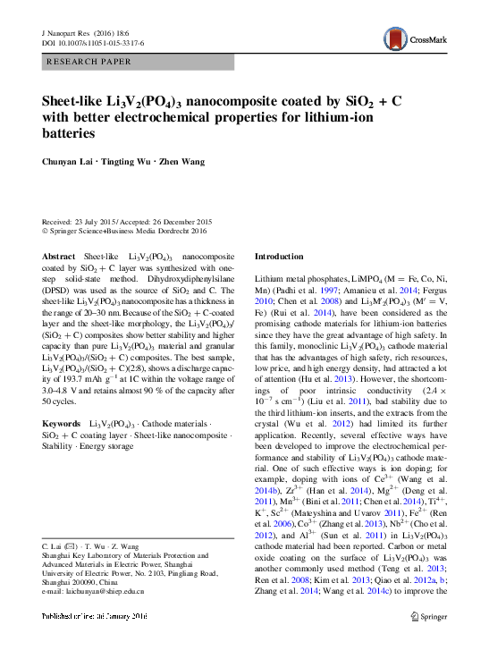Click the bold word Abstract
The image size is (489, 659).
59,255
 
